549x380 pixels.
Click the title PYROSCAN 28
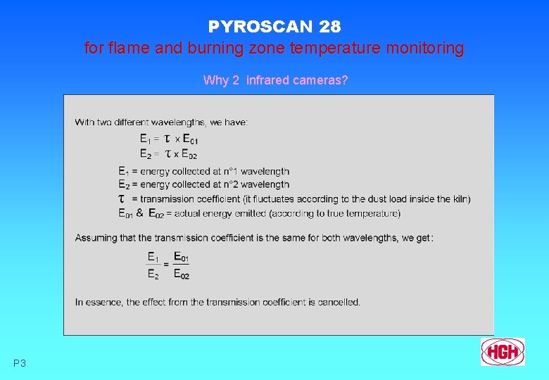coord(274,27)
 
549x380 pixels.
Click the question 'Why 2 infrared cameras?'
coord(275,80)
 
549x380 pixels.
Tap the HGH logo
coord(503,351)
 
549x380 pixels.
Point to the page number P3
coord(20,363)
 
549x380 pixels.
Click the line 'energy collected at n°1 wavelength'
coord(215,171)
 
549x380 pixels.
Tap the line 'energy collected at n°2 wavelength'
coord(215,184)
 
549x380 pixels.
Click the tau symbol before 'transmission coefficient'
coord(122,199)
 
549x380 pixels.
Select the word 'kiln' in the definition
coord(459,199)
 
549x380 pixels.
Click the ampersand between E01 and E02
coord(139,213)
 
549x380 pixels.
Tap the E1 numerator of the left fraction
coord(153,258)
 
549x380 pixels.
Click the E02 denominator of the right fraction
coord(182,274)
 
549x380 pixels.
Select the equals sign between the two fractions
coord(166,265)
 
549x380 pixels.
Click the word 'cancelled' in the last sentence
coord(338,302)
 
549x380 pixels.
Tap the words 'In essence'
coord(99,302)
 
